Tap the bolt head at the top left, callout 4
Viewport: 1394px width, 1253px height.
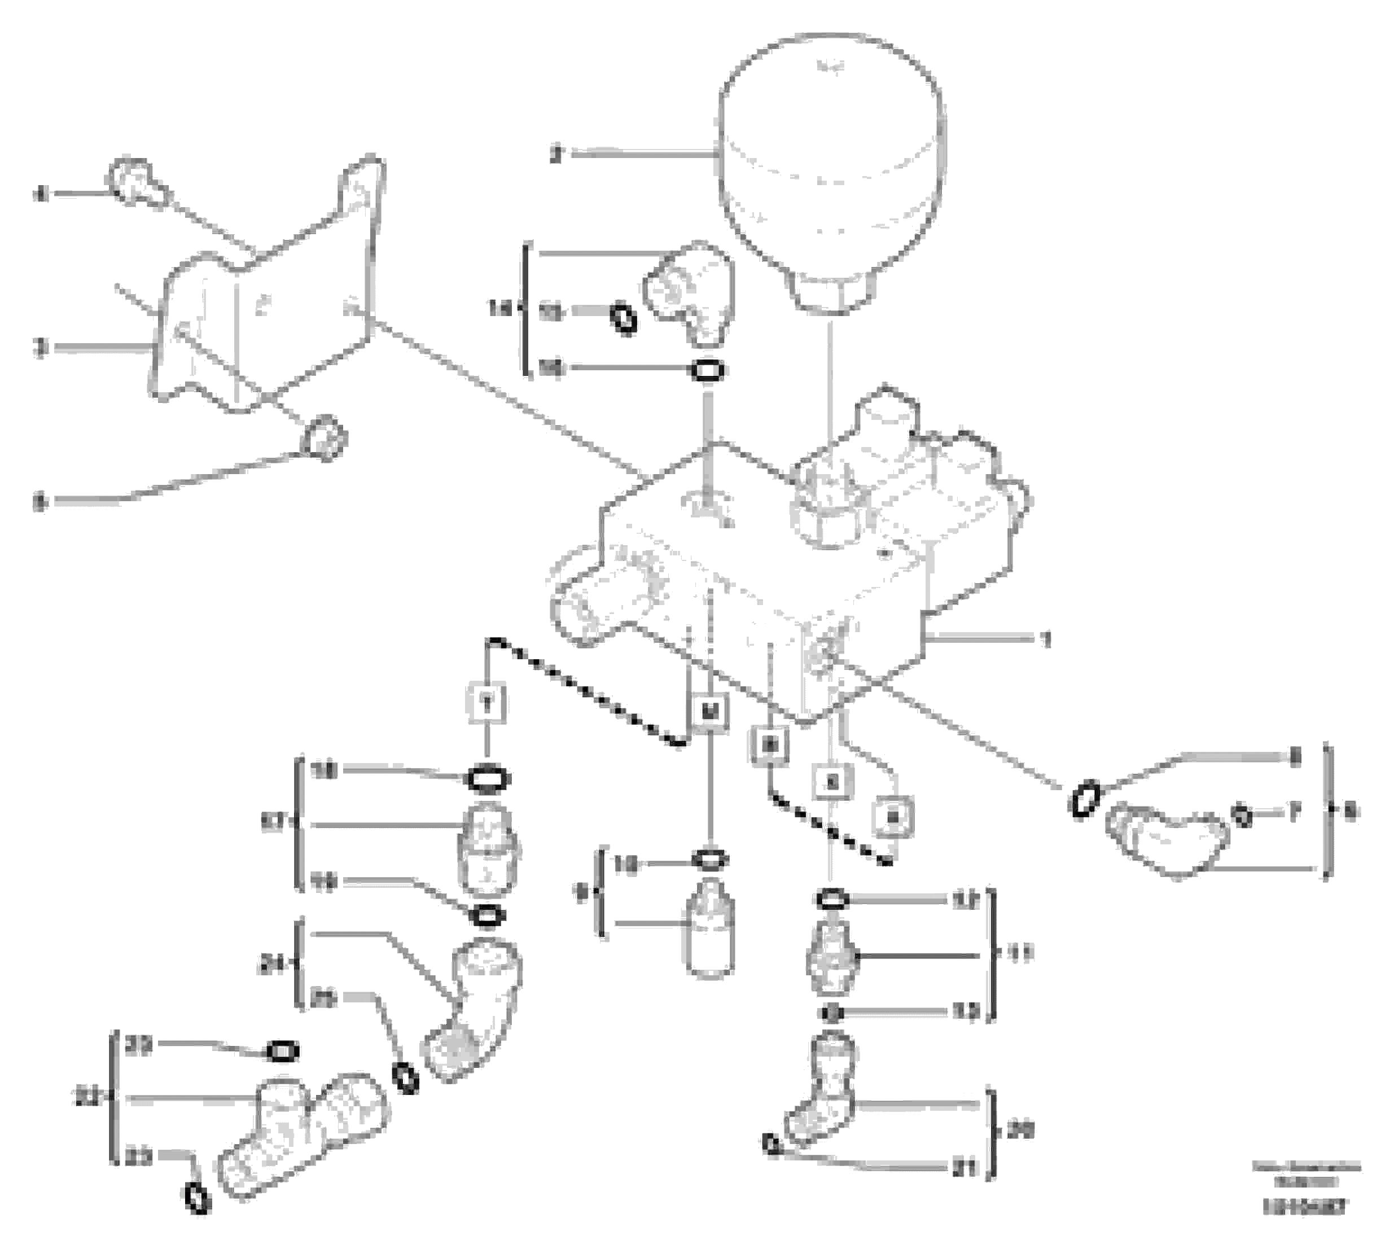pyautogui.click(x=134, y=181)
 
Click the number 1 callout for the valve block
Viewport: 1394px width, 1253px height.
pyautogui.click(x=1046, y=639)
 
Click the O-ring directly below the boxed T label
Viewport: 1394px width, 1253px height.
pyautogui.click(x=488, y=779)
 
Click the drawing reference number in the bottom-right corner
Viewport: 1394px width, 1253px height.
pyautogui.click(x=1304, y=1225)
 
